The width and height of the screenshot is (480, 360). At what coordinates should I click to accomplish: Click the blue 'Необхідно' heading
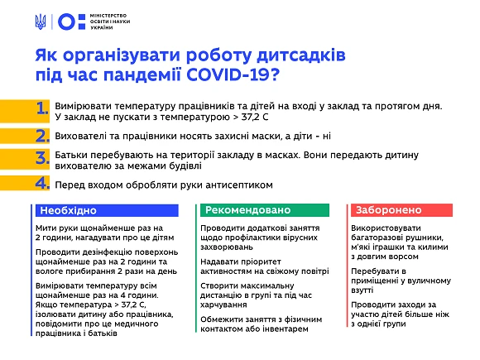pyautogui.click(x=65, y=210)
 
